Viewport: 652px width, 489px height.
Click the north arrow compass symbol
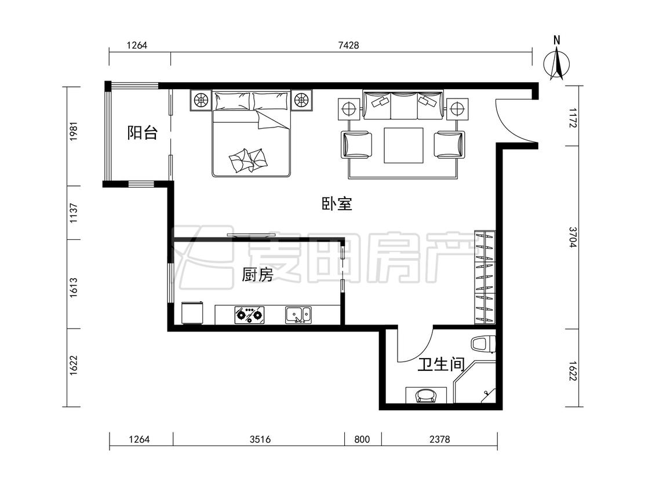click(558, 61)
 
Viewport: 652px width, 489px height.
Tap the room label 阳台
click(142, 133)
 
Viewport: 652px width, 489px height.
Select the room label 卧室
click(337, 203)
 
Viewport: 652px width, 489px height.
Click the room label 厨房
click(257, 275)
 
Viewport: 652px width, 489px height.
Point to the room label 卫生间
click(442, 364)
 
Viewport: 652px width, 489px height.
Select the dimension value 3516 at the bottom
click(259, 439)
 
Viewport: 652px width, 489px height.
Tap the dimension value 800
click(362, 439)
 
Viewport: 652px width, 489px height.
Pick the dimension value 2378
click(439, 439)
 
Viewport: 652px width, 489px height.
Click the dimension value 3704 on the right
click(572, 237)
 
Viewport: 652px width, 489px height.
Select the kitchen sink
click(298, 315)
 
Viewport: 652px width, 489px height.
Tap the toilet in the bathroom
click(483, 344)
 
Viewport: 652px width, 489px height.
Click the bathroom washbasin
click(427, 396)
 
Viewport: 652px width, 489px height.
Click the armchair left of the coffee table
click(357, 145)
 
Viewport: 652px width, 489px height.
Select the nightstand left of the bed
click(201, 100)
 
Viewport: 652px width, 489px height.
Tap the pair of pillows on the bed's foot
click(248, 159)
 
